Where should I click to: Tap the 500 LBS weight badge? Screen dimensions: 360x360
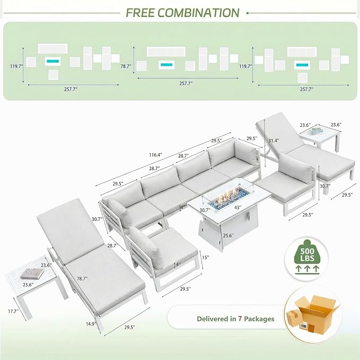click(x=307, y=259)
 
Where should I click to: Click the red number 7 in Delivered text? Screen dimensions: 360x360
click(x=240, y=319)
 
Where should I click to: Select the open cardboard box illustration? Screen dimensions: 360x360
click(x=313, y=313)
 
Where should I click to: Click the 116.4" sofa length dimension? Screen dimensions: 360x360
click(x=155, y=155)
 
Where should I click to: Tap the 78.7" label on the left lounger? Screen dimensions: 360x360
click(x=82, y=279)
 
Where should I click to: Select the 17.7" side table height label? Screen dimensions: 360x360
click(x=13, y=311)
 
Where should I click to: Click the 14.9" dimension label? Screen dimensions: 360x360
click(x=91, y=324)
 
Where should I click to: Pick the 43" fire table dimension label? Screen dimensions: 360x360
click(x=238, y=207)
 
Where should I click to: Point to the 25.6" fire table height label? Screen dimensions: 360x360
click(x=228, y=235)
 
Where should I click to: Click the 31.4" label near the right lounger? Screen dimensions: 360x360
click(x=274, y=141)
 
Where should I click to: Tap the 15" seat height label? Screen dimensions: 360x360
click(x=206, y=257)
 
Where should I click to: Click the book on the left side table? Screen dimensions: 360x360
click(x=32, y=273)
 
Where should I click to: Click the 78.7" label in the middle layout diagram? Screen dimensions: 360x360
click(x=126, y=66)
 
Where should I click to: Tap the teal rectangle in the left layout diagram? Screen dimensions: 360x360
click(x=53, y=62)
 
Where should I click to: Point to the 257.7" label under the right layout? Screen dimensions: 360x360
click(x=306, y=89)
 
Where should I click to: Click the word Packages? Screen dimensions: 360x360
click(x=259, y=319)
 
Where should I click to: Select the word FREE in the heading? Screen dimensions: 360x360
click(x=140, y=13)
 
